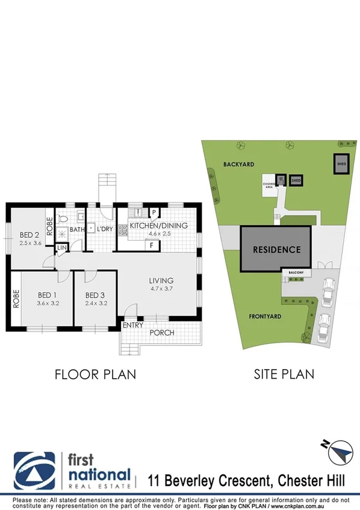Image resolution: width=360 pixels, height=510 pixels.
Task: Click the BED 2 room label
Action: point(29,235)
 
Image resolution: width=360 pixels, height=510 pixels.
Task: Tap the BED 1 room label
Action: point(48,295)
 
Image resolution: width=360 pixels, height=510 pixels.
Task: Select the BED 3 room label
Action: point(95,295)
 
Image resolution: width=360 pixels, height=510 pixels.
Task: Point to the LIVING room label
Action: point(161,281)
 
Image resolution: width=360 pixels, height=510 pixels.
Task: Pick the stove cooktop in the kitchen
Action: point(122,229)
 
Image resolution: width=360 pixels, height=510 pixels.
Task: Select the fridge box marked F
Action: point(152,245)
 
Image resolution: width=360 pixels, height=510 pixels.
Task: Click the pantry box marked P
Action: point(154,213)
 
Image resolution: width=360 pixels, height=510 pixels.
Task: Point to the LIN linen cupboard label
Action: point(61,247)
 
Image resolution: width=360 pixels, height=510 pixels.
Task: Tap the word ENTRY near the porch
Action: point(132,326)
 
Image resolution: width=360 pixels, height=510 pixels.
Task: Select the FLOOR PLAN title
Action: point(95,374)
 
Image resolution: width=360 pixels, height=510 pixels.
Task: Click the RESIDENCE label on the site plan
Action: point(276,249)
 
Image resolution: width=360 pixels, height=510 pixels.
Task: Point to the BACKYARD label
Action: point(238,164)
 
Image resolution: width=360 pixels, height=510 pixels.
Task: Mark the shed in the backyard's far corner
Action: point(341,164)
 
